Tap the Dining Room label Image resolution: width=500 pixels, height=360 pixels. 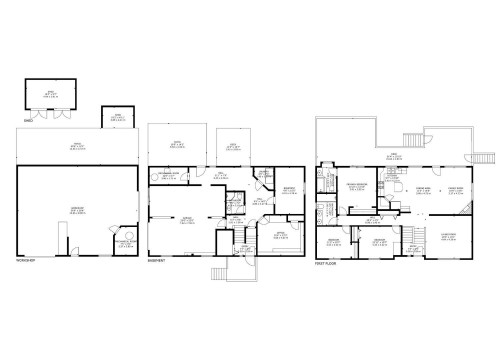423,187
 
